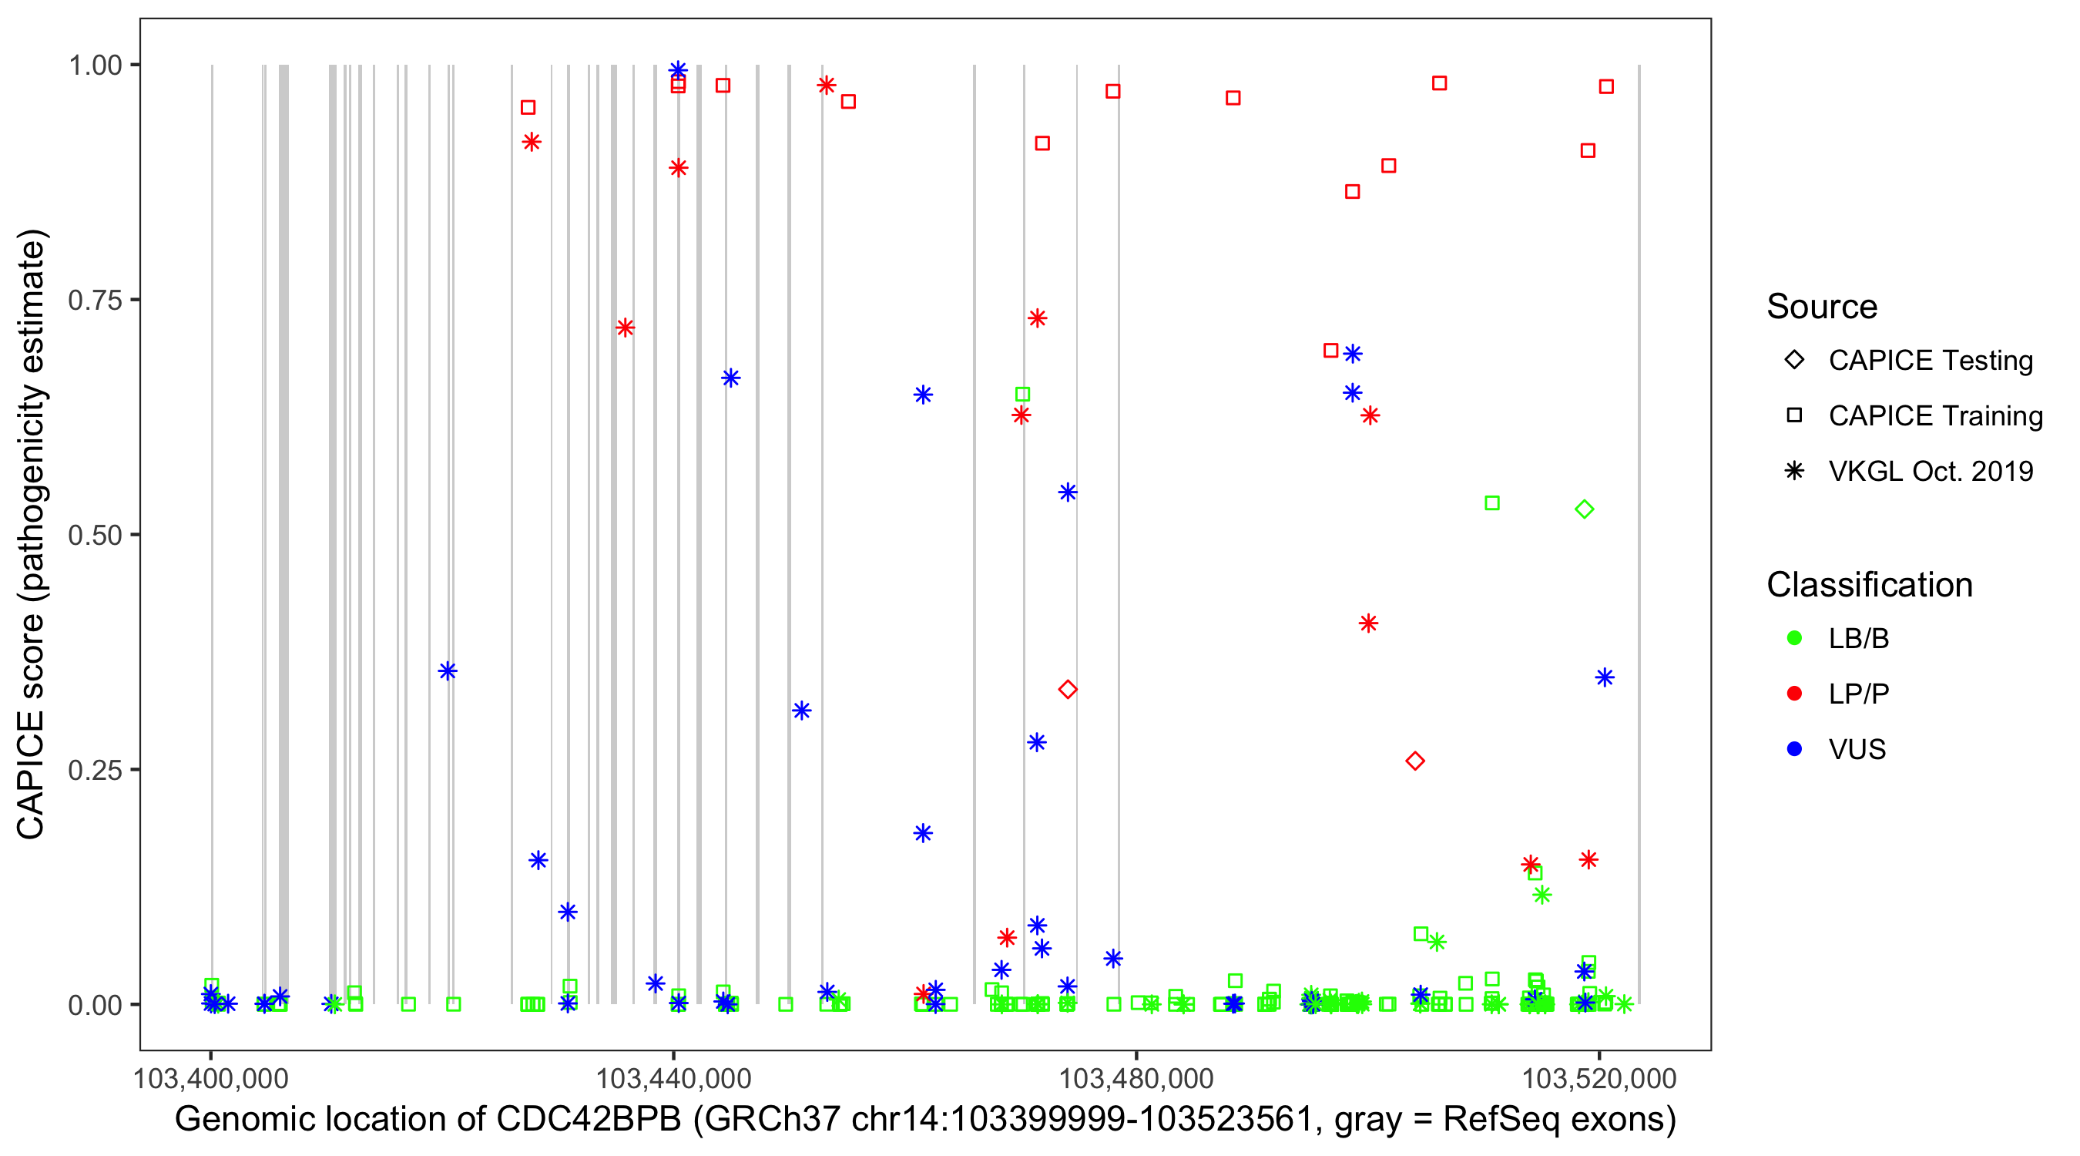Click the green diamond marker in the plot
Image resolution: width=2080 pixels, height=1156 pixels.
1584,509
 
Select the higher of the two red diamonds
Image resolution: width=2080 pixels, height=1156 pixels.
1068,689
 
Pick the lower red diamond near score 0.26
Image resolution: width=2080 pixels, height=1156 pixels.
1414,761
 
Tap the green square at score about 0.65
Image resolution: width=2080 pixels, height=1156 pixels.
1022,395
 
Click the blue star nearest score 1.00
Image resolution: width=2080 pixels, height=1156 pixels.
678,70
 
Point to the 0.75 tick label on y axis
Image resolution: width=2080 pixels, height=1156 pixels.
95,301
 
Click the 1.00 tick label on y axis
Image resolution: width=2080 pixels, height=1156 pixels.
95,66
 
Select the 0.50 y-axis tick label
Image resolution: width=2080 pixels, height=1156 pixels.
95,536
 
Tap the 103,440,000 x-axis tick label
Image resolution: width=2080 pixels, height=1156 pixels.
673,1078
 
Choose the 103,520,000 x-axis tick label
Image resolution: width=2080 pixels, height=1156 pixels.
1599,1078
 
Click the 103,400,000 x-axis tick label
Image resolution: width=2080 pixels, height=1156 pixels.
211,1078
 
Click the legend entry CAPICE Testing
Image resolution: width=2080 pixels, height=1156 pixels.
1931,361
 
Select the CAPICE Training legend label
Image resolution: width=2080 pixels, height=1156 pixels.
1935,416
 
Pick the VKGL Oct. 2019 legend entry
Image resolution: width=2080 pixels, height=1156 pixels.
1931,472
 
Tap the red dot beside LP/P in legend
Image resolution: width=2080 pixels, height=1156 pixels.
1795,694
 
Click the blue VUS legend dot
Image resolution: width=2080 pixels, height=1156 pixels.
1795,750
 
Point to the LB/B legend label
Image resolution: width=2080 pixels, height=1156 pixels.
1859,639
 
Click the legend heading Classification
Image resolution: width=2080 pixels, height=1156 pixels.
1869,585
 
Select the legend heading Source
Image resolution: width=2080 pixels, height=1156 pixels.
1822,307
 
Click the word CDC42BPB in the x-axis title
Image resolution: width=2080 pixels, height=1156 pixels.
589,1120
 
